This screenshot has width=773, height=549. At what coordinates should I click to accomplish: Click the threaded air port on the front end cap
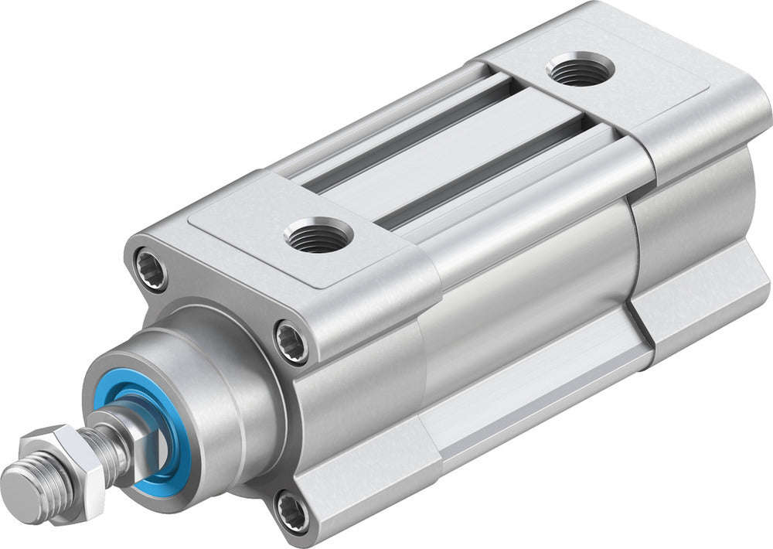tap(318, 235)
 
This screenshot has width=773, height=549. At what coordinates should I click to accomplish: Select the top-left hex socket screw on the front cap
tap(149, 268)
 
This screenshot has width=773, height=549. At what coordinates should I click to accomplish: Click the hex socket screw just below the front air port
tap(293, 341)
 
